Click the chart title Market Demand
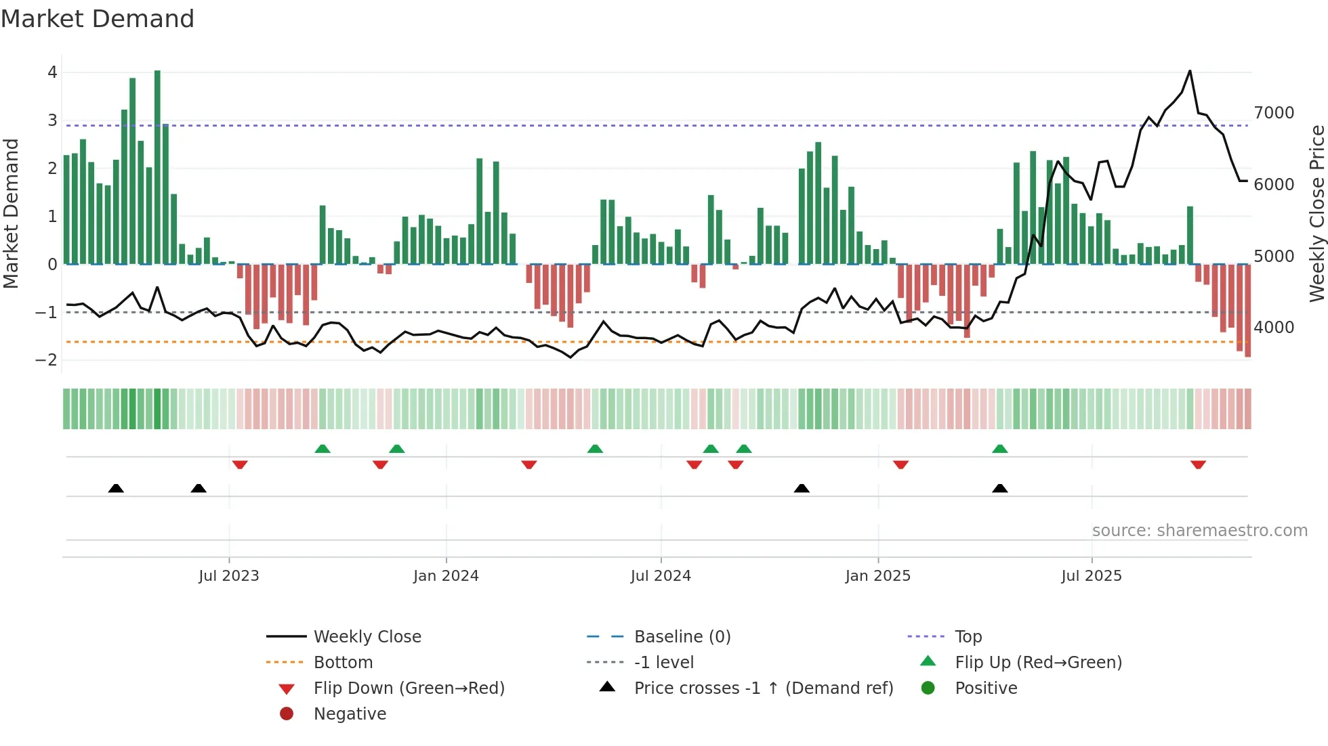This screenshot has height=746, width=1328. [98, 19]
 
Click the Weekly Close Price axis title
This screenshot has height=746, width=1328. [1316, 213]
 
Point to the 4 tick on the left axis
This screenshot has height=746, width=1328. [52, 72]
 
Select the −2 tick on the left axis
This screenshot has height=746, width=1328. [47, 360]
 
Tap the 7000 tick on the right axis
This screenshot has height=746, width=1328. [1274, 113]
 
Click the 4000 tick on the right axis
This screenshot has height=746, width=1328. [1274, 328]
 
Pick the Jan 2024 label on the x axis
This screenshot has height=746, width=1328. [446, 576]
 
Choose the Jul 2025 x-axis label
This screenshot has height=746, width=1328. [1092, 576]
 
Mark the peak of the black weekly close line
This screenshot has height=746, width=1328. [1190, 71]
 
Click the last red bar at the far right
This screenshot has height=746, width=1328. [1247, 311]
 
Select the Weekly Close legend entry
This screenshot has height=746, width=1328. [367, 637]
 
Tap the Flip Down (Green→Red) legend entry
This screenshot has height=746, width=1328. [409, 688]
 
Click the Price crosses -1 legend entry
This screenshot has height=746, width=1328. [763, 688]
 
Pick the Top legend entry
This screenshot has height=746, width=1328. [968, 637]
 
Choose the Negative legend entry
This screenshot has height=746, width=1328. [350, 714]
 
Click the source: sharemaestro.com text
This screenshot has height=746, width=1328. [1199, 531]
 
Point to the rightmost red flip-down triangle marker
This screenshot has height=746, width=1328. [1198, 464]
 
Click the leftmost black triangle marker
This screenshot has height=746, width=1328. [116, 488]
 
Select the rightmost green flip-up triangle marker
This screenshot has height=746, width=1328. [1000, 449]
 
